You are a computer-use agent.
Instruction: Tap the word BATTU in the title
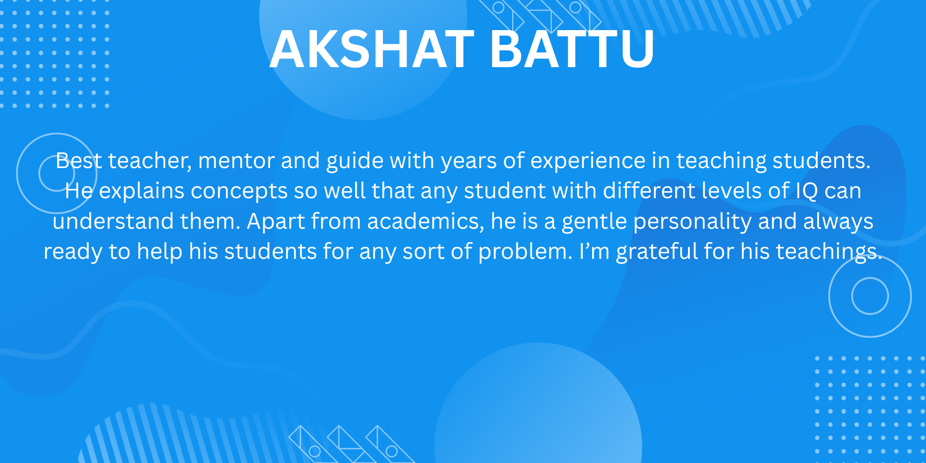coord(572,49)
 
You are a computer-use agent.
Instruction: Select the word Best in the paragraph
coord(79,161)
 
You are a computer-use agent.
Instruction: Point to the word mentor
coord(236,161)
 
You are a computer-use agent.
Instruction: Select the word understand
coord(113,221)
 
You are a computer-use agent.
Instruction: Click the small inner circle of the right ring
coord(870,278)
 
